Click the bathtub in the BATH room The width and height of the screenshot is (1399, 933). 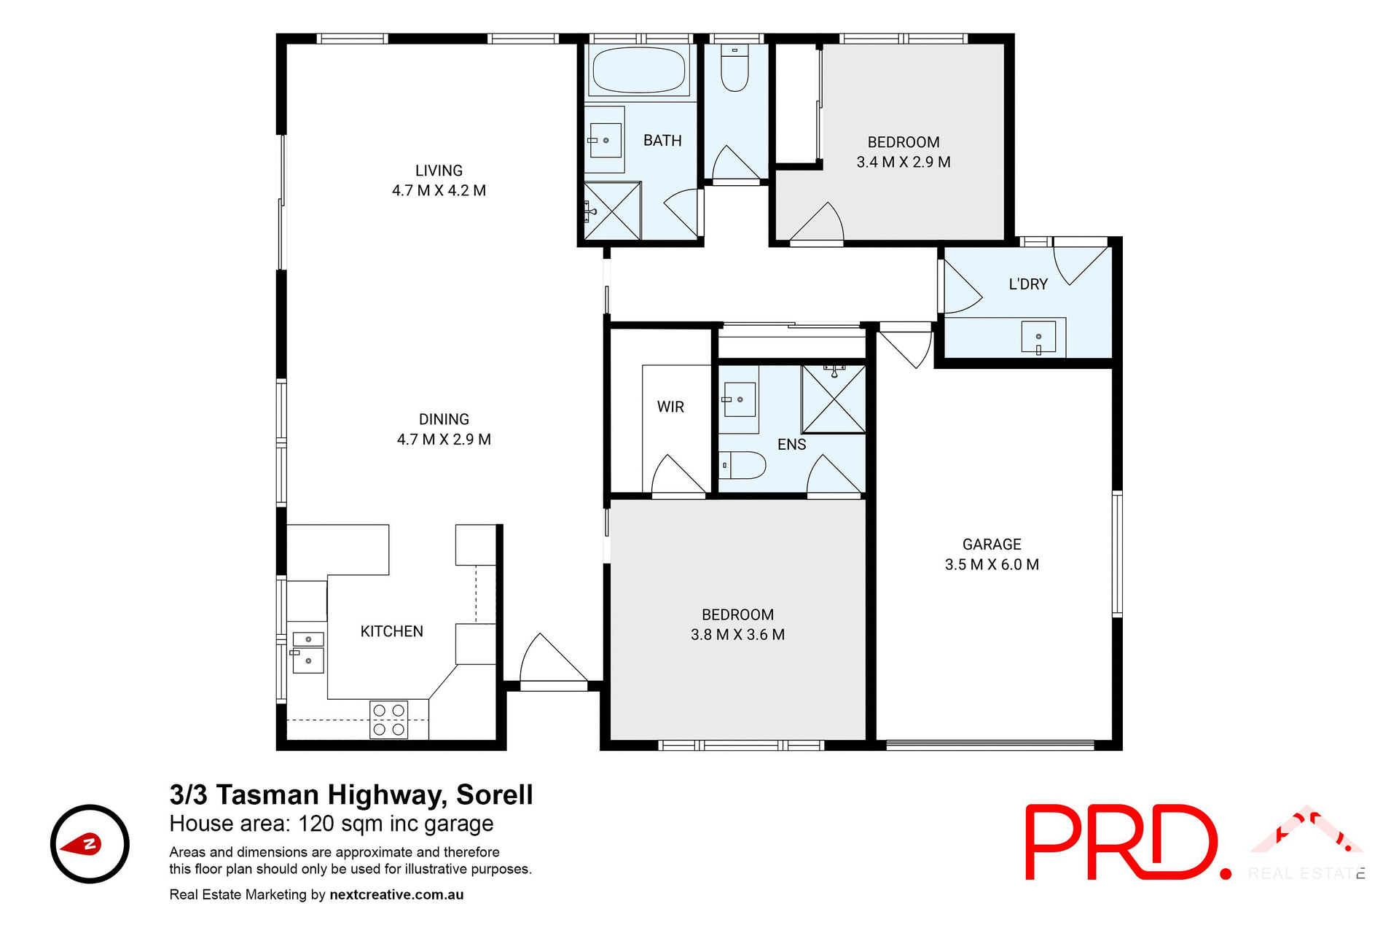(639, 71)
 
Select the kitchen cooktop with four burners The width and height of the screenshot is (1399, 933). (388, 719)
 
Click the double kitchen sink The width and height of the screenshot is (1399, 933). (307, 650)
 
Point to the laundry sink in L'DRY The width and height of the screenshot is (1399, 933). (1038, 337)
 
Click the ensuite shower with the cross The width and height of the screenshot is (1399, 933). (834, 399)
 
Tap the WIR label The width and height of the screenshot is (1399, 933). (670, 407)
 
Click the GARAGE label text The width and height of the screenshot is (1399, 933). (991, 544)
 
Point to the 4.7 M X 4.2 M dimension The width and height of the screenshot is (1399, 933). (439, 190)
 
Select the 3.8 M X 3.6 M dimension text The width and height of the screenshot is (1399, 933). (737, 635)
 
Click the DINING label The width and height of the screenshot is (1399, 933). (444, 419)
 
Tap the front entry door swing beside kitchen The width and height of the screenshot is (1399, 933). (552, 660)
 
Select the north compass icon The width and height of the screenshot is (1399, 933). (90, 844)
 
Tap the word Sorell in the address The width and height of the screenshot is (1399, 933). (495, 795)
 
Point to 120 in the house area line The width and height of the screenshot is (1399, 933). (316, 824)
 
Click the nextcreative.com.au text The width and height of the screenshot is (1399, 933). (396, 894)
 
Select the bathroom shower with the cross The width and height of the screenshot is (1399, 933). (612, 211)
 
